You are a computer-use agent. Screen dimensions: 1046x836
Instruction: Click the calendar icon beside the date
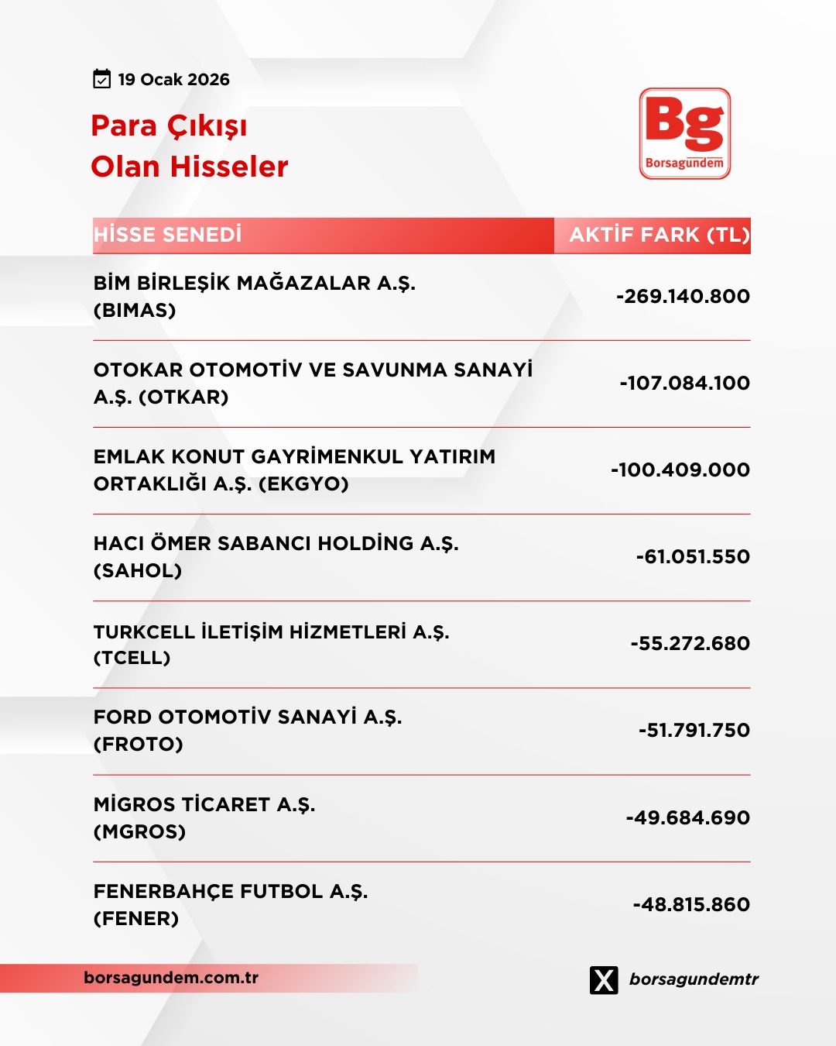click(102, 79)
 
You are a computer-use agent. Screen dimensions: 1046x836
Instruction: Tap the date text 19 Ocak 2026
click(174, 80)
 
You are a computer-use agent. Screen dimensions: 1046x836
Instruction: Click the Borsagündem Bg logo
click(685, 133)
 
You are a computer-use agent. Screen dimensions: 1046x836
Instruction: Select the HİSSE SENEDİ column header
click(168, 235)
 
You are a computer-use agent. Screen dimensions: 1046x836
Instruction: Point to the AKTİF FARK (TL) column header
click(660, 235)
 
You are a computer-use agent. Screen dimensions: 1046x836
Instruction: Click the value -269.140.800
click(683, 296)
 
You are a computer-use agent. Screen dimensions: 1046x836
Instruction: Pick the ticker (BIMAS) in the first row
click(135, 311)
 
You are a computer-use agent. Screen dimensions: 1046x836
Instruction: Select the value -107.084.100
click(684, 383)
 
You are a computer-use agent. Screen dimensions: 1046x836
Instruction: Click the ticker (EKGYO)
click(303, 484)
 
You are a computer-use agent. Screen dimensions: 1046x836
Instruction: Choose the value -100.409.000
click(680, 470)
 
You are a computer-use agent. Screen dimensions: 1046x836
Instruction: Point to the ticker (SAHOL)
click(138, 571)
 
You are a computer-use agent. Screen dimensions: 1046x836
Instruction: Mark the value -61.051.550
click(693, 556)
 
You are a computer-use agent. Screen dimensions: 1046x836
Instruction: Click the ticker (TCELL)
click(132, 658)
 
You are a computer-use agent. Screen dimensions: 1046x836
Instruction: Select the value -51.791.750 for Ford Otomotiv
click(694, 730)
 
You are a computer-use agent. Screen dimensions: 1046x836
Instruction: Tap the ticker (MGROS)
click(139, 832)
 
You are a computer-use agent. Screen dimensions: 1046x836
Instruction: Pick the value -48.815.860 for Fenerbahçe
click(691, 904)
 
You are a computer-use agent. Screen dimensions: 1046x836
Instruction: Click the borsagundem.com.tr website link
click(171, 978)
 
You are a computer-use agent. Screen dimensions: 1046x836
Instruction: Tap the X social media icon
click(604, 979)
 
